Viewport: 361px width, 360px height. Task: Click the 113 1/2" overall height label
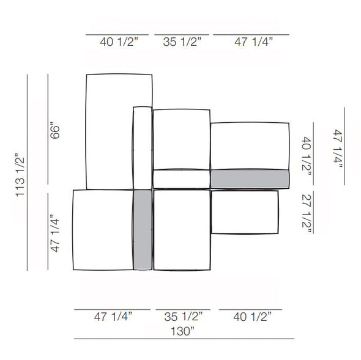20,175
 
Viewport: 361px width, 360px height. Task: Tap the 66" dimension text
55,132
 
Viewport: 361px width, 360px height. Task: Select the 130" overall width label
182,331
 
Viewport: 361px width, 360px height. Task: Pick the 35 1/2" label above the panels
182,42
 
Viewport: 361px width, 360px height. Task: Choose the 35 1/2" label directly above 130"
184,317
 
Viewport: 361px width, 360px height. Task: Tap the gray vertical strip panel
143,230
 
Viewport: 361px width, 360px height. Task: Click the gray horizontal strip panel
250,178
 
